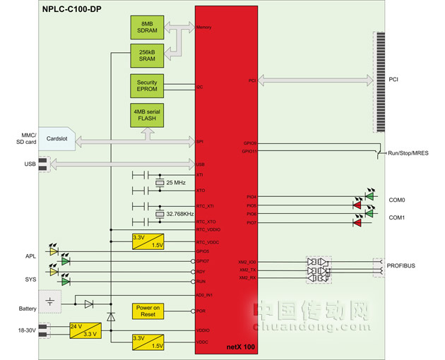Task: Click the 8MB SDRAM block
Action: (x=146, y=28)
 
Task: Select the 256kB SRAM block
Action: (x=146, y=56)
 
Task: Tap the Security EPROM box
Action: (x=146, y=85)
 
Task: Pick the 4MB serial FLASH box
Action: (x=146, y=115)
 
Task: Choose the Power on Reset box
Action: (x=148, y=311)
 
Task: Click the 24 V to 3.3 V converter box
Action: (x=82, y=330)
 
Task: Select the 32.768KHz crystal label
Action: (x=180, y=214)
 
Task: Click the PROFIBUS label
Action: (x=400, y=266)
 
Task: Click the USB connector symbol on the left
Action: (x=44, y=164)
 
